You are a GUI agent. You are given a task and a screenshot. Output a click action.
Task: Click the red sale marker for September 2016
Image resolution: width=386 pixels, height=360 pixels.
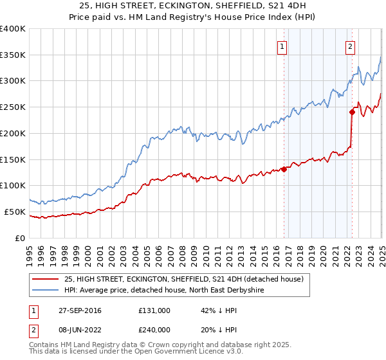pyautogui.click(x=284, y=170)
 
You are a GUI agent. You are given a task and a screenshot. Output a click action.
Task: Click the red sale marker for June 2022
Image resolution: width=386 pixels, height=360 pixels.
pyautogui.click(x=352, y=112)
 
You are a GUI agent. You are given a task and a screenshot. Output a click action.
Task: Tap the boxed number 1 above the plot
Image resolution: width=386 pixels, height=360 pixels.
pyautogui.click(x=283, y=46)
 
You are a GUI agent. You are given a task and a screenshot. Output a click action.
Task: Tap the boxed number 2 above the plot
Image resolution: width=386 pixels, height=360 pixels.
pyautogui.click(x=350, y=46)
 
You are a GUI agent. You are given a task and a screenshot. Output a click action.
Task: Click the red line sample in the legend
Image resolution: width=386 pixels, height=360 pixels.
pyautogui.click(x=46, y=279)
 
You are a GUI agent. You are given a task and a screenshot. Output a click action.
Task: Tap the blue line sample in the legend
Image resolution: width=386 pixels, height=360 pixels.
pyautogui.click(x=46, y=291)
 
